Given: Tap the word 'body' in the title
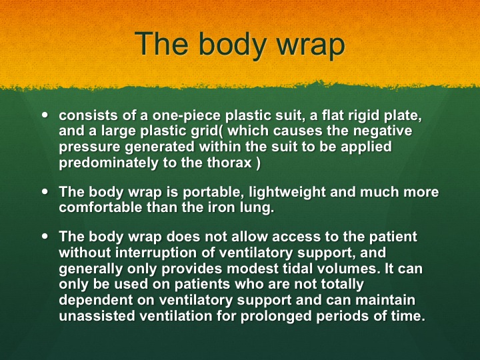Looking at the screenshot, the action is point(233,45).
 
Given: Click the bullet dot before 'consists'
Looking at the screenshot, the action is point(45,115).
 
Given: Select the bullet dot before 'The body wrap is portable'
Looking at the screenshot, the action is point(45,191).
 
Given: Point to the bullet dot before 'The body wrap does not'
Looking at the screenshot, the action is point(45,236).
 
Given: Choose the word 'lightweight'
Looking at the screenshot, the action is point(287,193).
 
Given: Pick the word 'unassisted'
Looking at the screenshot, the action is point(97,315).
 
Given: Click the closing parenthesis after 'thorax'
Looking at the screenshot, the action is point(258,163).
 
